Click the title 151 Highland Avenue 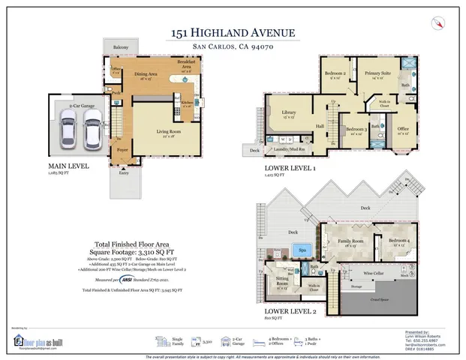pos(233,32)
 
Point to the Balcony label pos(120,47)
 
